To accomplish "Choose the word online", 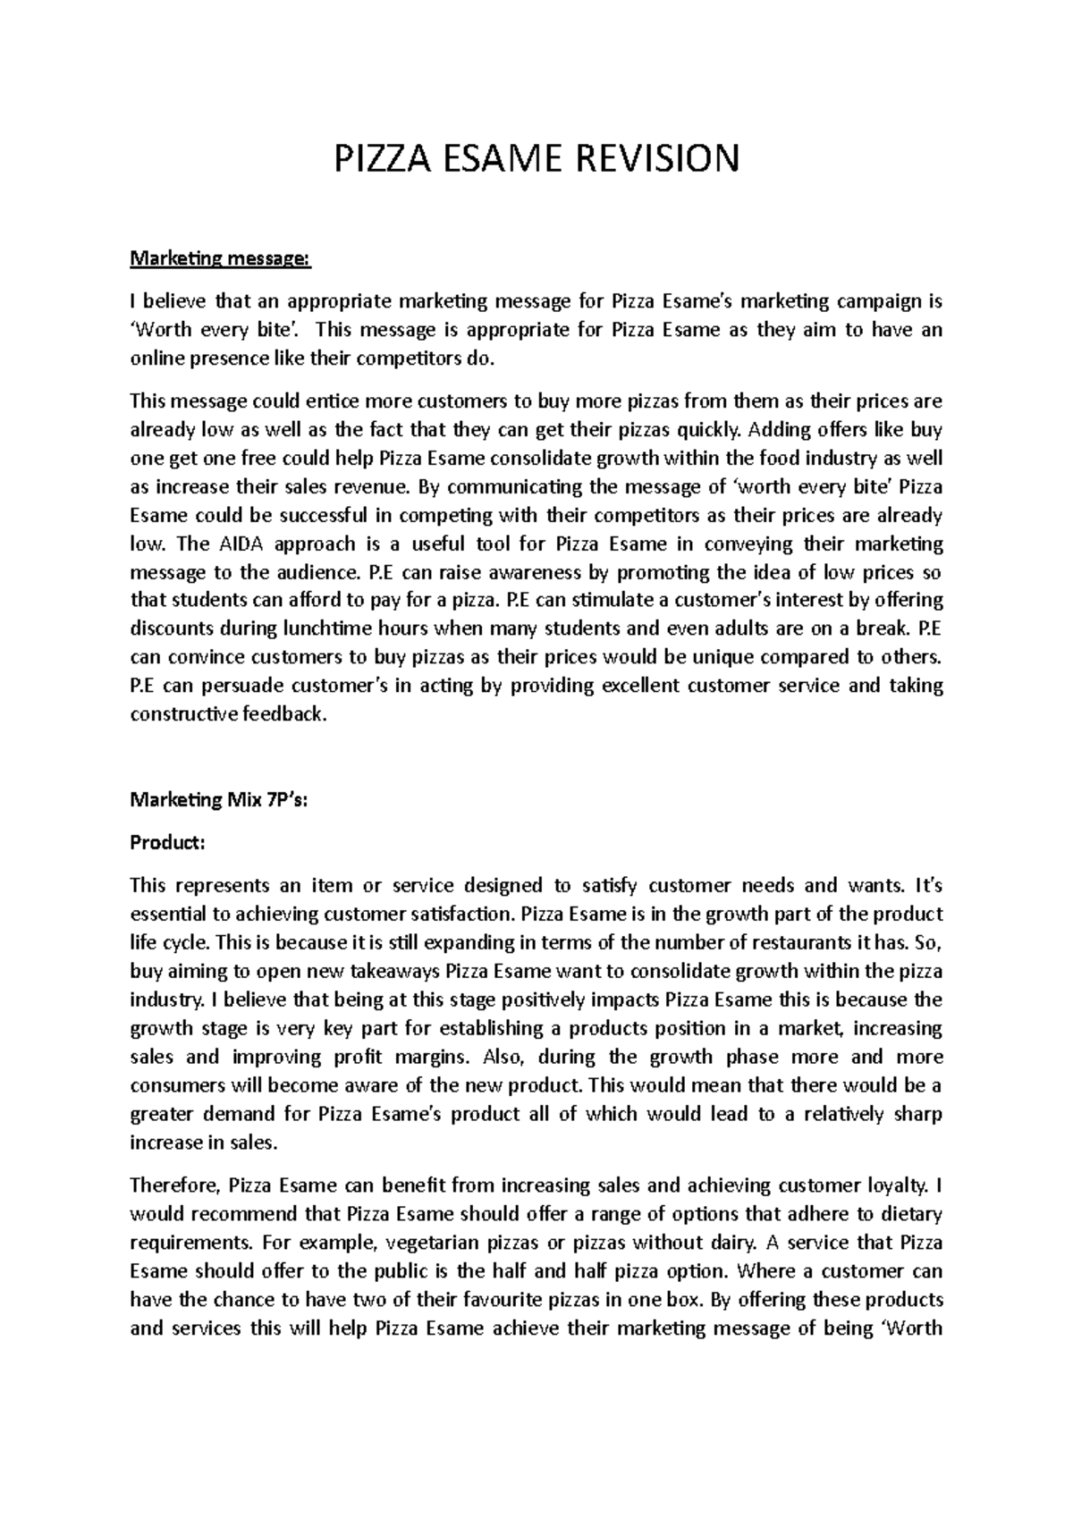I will [x=160, y=359].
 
